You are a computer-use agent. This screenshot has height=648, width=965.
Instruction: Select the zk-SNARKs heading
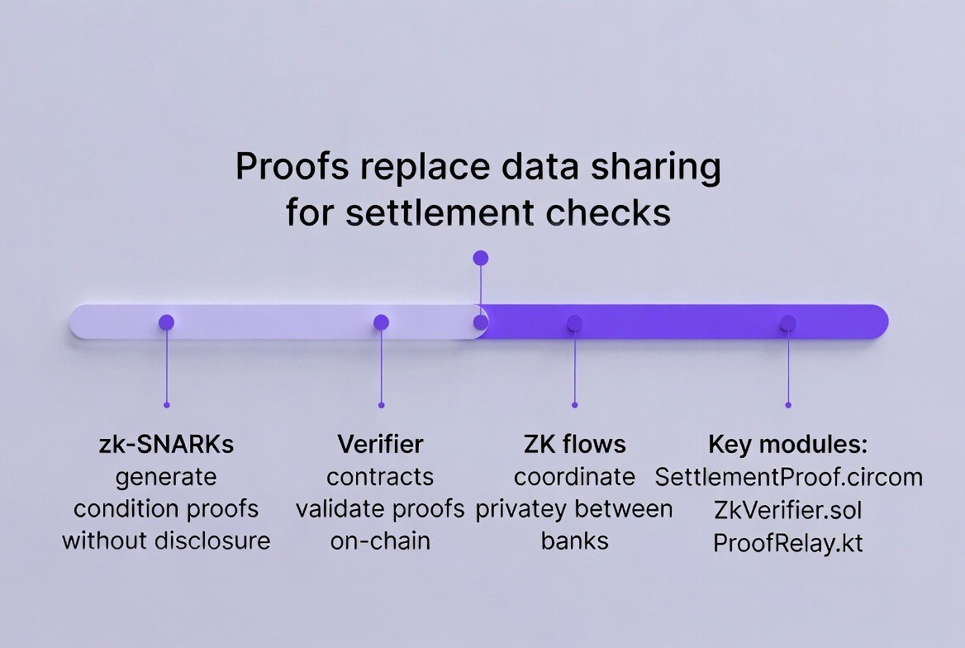166,444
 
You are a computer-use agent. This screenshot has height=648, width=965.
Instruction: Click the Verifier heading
380,444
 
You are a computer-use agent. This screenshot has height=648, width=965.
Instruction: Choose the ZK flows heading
575,444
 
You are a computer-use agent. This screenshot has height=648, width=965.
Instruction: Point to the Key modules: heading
788,444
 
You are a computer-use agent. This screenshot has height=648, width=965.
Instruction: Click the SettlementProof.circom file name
788,477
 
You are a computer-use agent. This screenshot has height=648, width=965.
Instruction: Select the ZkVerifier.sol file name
788,509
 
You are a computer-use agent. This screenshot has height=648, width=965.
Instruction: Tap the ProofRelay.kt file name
788,542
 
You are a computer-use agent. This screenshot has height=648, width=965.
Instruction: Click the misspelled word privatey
525,509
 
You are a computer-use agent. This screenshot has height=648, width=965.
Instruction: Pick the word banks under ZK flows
575,541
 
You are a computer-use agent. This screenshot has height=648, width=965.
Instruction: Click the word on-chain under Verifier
380,541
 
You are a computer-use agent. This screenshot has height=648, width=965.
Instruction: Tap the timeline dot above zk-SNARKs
166,322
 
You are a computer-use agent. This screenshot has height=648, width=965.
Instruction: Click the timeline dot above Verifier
381,322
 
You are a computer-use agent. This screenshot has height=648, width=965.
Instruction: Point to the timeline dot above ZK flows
575,322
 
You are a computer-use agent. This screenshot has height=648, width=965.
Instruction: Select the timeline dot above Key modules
788,322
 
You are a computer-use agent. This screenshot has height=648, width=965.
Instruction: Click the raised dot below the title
481,258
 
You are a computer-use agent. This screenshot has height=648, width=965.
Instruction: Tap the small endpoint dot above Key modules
788,405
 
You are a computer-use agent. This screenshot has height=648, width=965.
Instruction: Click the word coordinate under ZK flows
575,477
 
